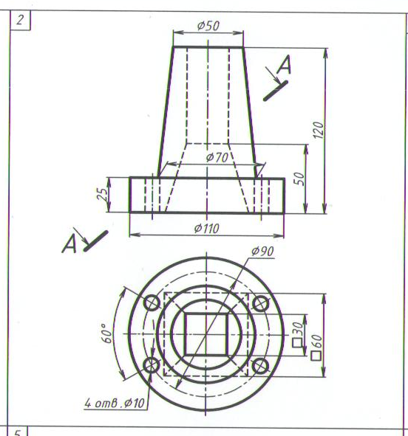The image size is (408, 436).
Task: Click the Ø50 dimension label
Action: [208, 26]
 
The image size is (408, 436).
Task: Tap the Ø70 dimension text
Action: [217, 158]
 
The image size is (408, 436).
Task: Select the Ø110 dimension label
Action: [207, 229]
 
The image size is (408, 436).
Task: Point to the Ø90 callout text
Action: [262, 251]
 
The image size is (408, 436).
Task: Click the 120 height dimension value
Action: [319, 130]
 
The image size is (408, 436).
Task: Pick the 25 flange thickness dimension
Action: [102, 194]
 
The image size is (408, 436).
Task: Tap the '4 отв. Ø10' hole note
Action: [115, 403]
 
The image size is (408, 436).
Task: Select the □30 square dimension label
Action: [298, 334]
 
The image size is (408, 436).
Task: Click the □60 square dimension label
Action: [316, 347]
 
